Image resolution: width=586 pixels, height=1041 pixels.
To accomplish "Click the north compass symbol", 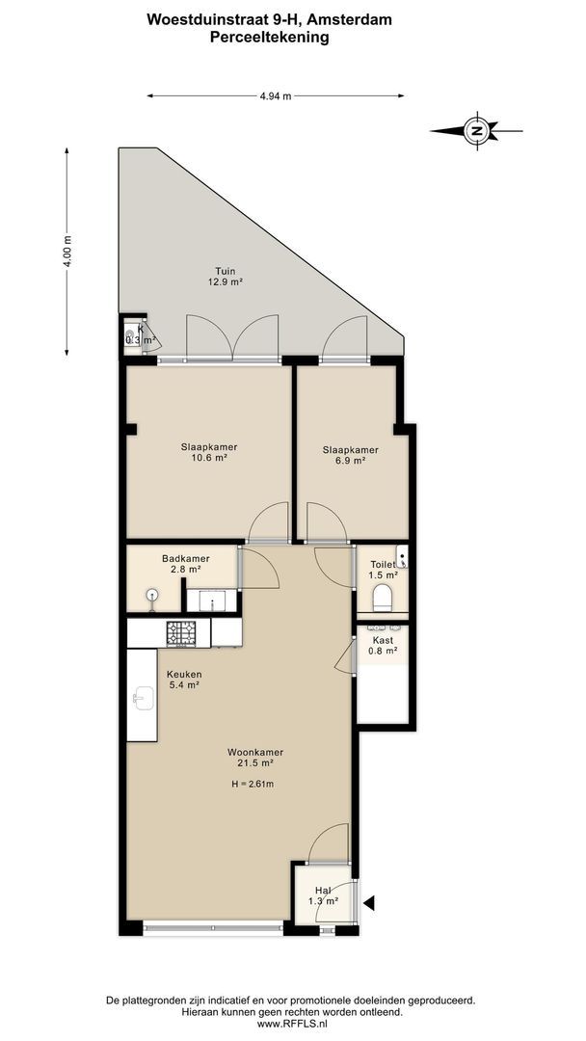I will pos(475,131).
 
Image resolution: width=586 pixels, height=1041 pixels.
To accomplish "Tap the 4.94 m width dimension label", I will pos(276,95).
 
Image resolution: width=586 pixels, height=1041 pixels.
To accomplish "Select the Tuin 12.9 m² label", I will pos(226,277).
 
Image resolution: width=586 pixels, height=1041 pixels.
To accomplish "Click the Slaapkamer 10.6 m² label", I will pos(209,452).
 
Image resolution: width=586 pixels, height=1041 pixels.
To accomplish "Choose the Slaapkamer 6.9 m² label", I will pos(350,455).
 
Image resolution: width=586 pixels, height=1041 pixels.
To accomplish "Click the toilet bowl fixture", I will pos(384,597).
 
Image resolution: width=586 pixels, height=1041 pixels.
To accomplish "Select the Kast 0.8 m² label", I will pos(383,645).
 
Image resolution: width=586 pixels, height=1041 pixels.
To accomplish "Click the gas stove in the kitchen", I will pos(182,632).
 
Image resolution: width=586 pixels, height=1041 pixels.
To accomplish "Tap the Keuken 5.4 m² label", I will pos(183,680).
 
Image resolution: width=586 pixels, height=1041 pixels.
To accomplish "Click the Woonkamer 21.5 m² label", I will pos(255,757).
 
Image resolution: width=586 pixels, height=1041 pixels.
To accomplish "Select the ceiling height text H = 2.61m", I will pos(253,784).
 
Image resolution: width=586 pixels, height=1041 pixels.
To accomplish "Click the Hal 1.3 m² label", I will pos(323,895).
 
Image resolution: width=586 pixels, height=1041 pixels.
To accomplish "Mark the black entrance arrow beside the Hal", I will pos(368,903).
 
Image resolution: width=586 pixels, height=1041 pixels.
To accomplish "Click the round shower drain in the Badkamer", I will pos(152,595).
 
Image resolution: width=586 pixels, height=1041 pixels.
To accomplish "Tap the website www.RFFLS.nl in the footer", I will pos(292,1024).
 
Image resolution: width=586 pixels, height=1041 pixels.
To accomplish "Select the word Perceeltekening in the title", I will pos(269,37).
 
